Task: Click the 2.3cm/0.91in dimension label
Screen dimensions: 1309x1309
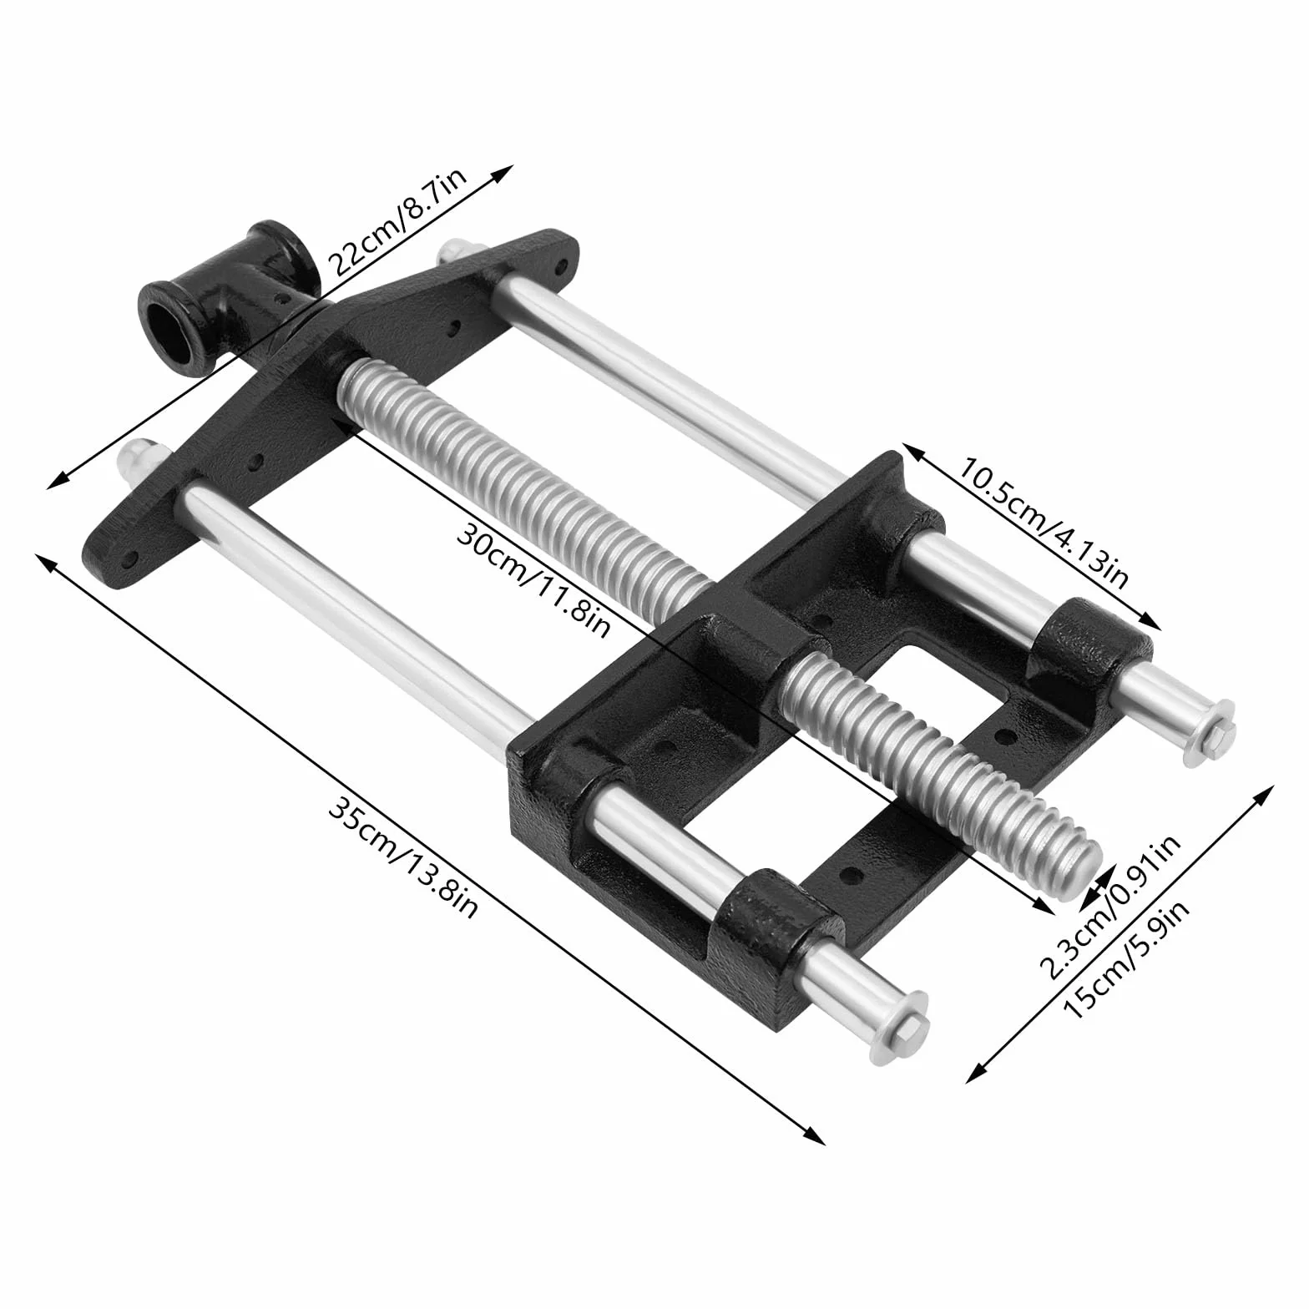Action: [1110, 906]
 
